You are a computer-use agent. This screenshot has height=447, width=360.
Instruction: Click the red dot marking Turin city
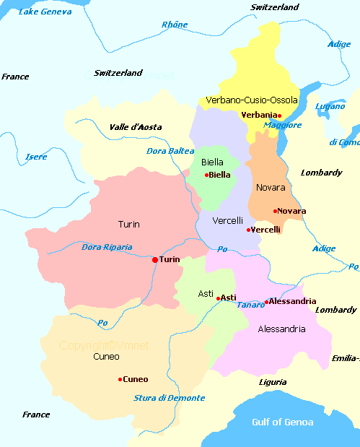(x=155, y=259)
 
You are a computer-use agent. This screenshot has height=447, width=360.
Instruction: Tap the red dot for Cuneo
(x=120, y=379)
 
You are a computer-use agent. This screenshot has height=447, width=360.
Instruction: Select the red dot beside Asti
(x=218, y=298)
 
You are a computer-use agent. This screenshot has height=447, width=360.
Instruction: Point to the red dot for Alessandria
(x=266, y=302)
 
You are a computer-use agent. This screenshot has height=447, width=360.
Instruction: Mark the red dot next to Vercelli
(x=248, y=230)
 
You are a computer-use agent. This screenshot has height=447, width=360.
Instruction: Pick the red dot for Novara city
(x=275, y=211)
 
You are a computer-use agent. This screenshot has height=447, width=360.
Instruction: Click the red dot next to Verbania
(x=279, y=116)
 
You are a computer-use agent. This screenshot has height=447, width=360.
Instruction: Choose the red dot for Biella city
(x=206, y=175)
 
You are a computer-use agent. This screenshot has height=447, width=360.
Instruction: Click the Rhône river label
(x=174, y=25)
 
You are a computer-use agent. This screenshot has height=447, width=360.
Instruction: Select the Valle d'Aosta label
(x=135, y=127)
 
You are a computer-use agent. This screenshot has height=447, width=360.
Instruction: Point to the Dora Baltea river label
(x=170, y=151)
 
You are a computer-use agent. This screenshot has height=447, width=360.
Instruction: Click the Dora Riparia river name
(x=107, y=247)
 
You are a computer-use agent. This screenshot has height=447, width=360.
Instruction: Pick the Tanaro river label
(x=250, y=305)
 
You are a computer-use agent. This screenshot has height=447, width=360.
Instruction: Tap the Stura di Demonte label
(x=169, y=398)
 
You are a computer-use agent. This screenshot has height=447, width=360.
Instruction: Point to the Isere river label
(x=36, y=157)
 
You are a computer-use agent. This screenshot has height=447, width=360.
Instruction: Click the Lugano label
(x=330, y=106)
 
